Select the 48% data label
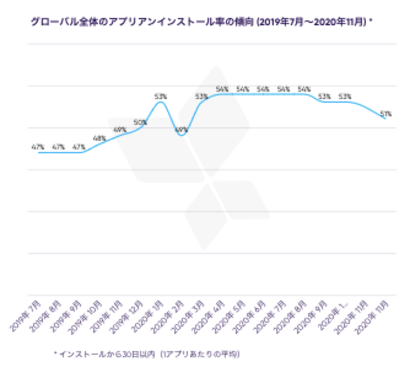[x=99, y=138]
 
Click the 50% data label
[x=140, y=122]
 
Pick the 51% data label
[x=385, y=113]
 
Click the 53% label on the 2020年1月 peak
[x=161, y=97]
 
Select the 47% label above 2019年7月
[x=38, y=147]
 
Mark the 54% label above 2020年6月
[x=263, y=89]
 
